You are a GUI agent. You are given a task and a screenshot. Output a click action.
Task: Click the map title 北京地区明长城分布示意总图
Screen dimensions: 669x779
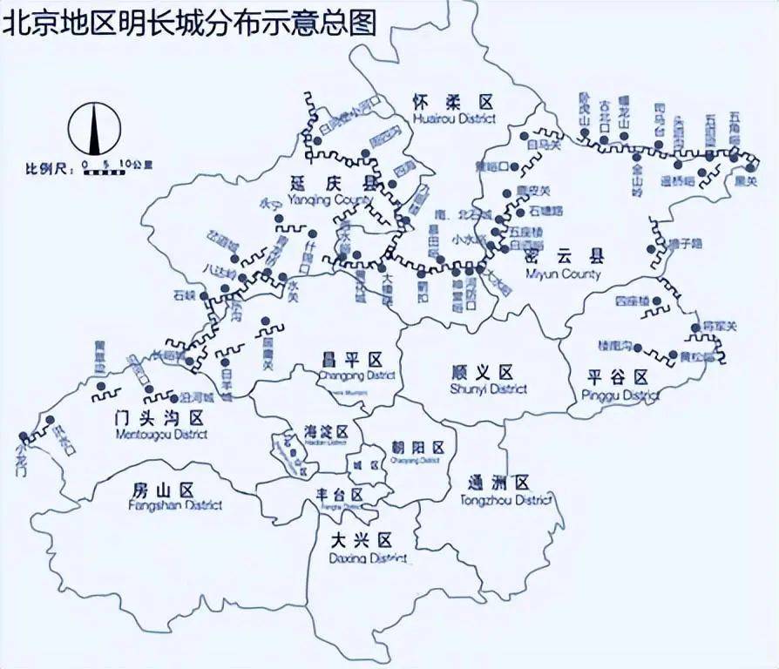[x=190, y=22]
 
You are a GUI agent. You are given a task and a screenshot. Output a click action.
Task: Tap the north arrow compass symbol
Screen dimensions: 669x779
[x=94, y=129]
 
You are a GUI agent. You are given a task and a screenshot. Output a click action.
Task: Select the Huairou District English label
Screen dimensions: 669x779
[x=455, y=118]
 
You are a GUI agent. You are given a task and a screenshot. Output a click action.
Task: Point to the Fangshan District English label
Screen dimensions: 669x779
[x=175, y=505]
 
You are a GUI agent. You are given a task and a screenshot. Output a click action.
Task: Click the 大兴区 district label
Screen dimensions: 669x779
[x=362, y=540]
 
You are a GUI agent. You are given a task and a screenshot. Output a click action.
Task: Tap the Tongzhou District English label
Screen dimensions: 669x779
[x=506, y=500]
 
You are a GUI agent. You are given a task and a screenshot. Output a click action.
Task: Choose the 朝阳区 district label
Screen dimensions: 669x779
[x=418, y=448]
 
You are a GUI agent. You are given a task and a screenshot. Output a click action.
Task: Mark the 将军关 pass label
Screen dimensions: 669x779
[x=720, y=327]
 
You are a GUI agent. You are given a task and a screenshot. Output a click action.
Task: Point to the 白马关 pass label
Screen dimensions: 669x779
[x=545, y=145]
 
